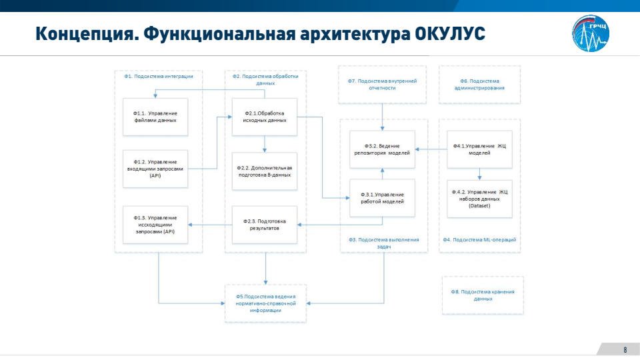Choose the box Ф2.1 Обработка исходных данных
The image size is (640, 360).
tap(265, 117)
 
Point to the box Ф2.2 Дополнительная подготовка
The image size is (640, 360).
tap(265, 171)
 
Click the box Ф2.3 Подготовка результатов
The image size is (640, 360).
tap(265, 225)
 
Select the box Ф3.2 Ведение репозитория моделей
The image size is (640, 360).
tap(383, 149)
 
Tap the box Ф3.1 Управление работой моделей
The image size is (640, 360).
tap(383, 197)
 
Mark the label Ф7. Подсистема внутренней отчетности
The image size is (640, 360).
tap(382, 84)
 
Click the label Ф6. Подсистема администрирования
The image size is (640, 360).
tap(479, 84)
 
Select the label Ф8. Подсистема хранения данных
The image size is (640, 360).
tap(483, 295)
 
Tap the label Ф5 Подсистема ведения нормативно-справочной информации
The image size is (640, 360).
tap(266, 303)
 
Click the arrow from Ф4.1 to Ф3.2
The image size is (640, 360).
tap(430, 149)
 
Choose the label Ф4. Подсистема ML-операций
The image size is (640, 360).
tap(479, 239)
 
